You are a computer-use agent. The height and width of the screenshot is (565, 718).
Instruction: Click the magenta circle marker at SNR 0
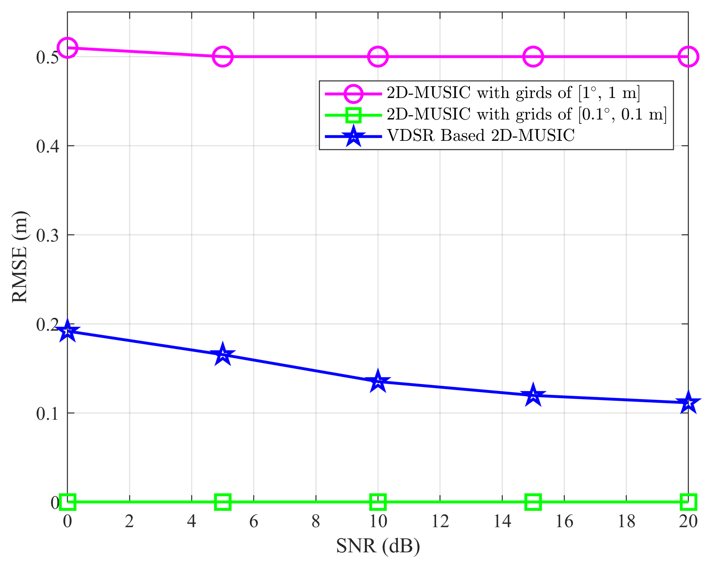67,48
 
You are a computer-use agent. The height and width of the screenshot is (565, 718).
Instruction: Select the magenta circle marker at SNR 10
378,57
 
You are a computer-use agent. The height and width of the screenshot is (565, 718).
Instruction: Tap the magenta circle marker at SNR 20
688,57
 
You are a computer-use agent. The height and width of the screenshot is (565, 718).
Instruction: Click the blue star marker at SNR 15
533,395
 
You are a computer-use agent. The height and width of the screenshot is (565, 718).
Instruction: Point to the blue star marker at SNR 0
67,331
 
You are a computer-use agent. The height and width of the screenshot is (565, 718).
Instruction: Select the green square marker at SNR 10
378,502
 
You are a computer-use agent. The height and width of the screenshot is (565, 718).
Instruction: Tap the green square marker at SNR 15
533,502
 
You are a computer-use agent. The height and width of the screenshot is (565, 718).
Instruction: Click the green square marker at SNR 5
222,502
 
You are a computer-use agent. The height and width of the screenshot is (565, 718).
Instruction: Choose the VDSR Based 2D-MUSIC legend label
481,136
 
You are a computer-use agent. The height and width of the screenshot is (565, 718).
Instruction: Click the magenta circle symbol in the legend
353,94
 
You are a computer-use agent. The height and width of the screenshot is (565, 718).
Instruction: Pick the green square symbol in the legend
353,115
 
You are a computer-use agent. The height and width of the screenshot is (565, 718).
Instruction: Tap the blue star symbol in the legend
353,136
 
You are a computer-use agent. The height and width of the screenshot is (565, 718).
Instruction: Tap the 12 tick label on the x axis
440,522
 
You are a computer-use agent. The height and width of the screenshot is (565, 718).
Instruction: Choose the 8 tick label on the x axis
316,522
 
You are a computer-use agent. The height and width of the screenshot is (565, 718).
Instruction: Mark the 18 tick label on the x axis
626,522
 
